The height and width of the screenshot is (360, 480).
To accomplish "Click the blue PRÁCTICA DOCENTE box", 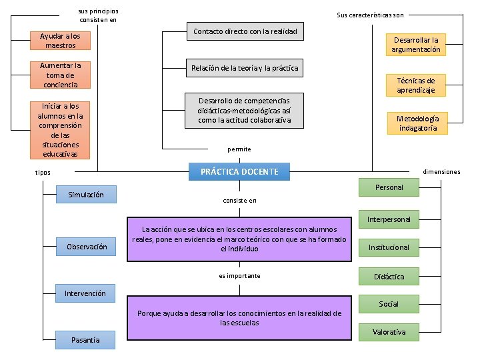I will pyautogui.click(x=239, y=172).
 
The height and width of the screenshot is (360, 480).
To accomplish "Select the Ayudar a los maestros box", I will pyautogui.click(x=61, y=41).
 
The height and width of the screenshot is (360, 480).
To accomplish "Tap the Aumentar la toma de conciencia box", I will pyautogui.click(x=61, y=75).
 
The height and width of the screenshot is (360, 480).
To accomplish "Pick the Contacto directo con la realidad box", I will pyautogui.click(x=245, y=31).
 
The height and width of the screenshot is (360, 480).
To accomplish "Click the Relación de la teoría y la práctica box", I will pyautogui.click(x=245, y=68).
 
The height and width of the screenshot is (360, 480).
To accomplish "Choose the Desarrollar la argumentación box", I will pyautogui.click(x=416, y=45).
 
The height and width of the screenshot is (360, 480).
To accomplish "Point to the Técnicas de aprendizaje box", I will pyautogui.click(x=416, y=85).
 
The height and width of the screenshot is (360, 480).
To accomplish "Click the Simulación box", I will pyautogui.click(x=86, y=195).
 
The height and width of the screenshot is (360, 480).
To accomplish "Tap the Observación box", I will pyautogui.click(x=87, y=247).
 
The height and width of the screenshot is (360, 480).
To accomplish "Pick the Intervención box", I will pyautogui.click(x=85, y=293).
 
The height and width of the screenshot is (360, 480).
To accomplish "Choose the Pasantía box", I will pyautogui.click(x=85, y=340).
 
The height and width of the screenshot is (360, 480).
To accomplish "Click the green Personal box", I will pyautogui.click(x=389, y=187).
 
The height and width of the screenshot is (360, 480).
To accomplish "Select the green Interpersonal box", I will pyautogui.click(x=389, y=219).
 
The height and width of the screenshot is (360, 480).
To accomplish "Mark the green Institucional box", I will pyautogui.click(x=389, y=247).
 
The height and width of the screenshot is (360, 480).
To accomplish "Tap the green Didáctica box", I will pyautogui.click(x=389, y=276).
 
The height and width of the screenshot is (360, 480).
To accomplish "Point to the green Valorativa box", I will pyautogui.click(x=389, y=332).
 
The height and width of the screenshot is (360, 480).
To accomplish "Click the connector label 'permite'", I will pyautogui.click(x=239, y=149).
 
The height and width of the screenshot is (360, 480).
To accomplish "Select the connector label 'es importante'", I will pyautogui.click(x=239, y=276).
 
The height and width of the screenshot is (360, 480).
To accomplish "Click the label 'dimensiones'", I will pyautogui.click(x=441, y=172).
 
